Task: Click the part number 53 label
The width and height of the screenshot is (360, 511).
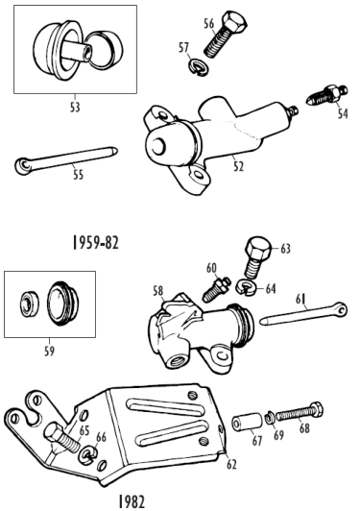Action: coord(75,108)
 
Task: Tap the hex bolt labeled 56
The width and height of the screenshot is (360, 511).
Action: coord(225,35)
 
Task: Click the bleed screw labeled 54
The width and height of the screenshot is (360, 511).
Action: coord(326,95)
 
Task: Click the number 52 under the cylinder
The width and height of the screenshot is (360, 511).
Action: coord(238,166)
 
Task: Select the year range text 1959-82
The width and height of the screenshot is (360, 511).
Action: coord(95,243)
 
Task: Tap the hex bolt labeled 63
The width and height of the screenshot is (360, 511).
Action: coord(257,257)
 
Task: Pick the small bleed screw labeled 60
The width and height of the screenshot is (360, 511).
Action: coord(217,289)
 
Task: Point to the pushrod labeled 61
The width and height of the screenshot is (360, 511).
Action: coord(303,314)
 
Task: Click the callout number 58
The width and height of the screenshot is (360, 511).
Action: coord(158,291)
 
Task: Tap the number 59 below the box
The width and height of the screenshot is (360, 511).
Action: coord(49,352)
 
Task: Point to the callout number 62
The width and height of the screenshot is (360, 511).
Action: coord(231,465)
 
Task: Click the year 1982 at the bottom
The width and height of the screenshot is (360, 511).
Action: coord(132,501)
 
